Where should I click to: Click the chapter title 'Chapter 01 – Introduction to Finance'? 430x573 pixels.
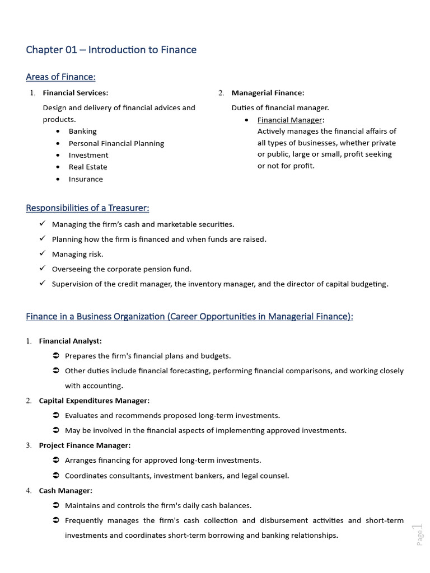pos(111,50)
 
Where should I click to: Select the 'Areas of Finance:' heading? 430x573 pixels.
pos(60,77)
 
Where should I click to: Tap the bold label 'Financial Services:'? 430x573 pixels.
pos(76,93)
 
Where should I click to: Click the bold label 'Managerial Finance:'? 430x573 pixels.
pos(268,93)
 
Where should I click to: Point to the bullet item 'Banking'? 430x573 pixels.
pos(82,131)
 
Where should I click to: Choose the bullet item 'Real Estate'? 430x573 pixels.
pos(88,167)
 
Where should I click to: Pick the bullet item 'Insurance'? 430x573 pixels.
pos(86,179)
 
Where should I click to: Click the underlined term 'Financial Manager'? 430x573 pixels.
pos(289,120)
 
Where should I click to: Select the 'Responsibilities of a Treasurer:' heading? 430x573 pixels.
pos(87,208)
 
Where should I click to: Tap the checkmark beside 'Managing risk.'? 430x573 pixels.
pos(43,253)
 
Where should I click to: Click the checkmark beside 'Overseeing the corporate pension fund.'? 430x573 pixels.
pos(43,269)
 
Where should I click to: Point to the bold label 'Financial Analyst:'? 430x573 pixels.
pos(70,341)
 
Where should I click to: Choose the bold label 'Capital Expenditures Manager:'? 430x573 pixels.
pos(94,401)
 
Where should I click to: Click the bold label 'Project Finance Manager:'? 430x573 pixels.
pos(85,445)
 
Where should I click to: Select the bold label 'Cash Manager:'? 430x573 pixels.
pos(66,491)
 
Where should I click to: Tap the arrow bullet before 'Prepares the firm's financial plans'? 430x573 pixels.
pos(56,356)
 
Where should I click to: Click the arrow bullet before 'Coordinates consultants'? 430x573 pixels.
pos(56,476)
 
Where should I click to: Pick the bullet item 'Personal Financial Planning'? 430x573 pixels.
pos(116,143)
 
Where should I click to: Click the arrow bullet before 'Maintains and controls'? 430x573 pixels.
pos(56,505)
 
